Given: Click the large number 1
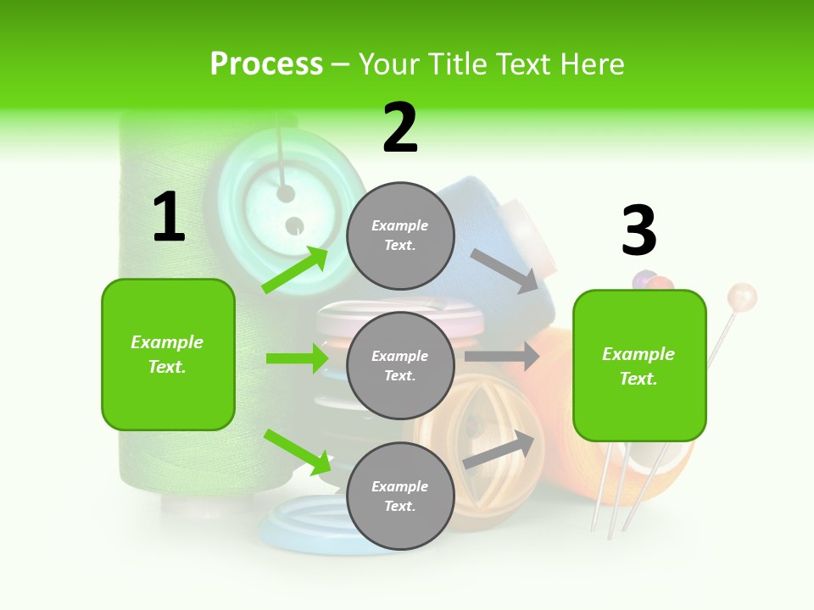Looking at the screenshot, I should [169, 218].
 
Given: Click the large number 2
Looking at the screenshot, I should [400, 128].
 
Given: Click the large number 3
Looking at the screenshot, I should [638, 230].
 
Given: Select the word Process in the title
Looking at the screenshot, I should [266, 64].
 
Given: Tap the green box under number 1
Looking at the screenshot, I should [168, 354].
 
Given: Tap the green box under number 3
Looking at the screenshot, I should [639, 365].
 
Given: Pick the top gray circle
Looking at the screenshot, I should [400, 236].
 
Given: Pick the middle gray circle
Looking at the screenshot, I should [400, 365].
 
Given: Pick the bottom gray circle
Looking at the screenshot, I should [400, 496].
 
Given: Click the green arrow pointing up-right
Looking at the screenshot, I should [296, 269].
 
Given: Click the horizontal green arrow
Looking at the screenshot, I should [297, 358].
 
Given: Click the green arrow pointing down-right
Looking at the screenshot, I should [298, 451].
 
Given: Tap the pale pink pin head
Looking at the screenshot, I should [742, 297].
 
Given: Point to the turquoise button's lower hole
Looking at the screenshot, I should [294, 225].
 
